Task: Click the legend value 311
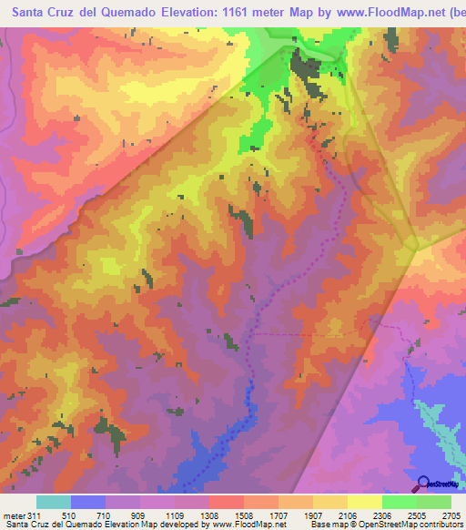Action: [35, 515]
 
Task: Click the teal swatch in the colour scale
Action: [54, 502]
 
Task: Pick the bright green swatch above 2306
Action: [400, 502]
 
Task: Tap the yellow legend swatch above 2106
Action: [365, 502]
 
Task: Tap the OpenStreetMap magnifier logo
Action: [423, 484]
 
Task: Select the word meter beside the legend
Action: [13, 515]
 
